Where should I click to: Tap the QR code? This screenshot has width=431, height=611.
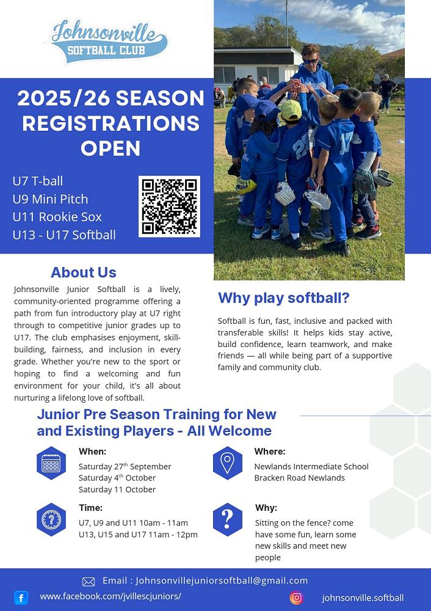[169, 206]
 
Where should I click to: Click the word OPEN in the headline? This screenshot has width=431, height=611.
[110, 148]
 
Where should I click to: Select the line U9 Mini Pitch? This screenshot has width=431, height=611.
[50, 199]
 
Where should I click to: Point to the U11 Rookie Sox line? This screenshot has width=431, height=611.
[57, 217]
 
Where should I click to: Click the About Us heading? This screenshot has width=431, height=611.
[84, 273]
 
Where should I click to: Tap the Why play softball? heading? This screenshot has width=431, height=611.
[284, 298]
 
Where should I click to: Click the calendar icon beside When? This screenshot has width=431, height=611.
[51, 463]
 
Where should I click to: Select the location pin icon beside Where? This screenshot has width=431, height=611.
[227, 463]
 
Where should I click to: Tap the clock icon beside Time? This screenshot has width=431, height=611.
[51, 519]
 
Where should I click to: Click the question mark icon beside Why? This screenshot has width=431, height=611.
[227, 519]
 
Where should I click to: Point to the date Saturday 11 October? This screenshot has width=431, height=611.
[117, 489]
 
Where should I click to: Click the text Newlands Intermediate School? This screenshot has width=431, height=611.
[311, 466]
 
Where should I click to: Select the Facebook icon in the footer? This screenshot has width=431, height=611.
[21, 598]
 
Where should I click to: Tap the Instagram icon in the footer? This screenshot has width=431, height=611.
[296, 598]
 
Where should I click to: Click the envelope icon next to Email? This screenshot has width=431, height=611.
[89, 582]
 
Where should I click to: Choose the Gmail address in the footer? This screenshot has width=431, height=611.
[222, 580]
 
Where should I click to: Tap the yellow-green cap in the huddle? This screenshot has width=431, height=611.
[291, 111]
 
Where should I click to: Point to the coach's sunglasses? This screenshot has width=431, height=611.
[311, 60]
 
